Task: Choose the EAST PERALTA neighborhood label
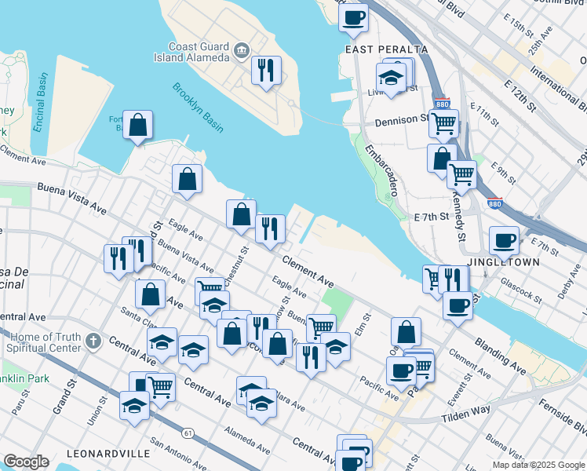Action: (387, 49)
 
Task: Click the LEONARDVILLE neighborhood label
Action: (108, 454)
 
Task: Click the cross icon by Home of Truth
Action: (93, 341)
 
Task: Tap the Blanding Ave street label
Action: (500, 356)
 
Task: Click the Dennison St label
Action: (401, 122)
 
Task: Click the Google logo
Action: (27, 462)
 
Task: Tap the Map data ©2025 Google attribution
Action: (538, 465)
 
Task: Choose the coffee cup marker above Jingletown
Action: (504, 240)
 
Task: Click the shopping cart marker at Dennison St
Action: (444, 122)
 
